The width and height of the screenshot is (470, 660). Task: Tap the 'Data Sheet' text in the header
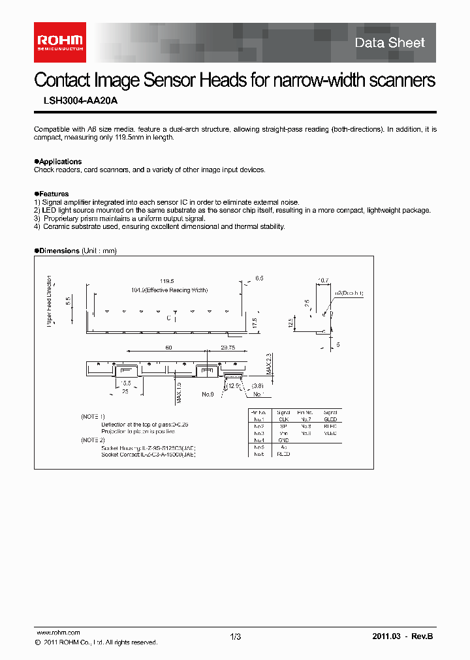pyautogui.click(x=390, y=43)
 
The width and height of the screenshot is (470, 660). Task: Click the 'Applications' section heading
pyautogui.click(x=59, y=162)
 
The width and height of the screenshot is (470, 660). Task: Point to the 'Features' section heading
pyautogui.click(x=52, y=194)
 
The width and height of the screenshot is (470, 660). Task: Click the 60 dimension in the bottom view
pyautogui.click(x=168, y=348)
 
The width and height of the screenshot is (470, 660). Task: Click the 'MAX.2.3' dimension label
pyautogui.click(x=267, y=363)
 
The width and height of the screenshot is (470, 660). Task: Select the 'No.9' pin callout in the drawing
pyautogui.click(x=208, y=395)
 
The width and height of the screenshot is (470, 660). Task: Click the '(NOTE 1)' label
pyautogui.click(x=93, y=416)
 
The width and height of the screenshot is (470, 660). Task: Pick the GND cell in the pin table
pyautogui.click(x=283, y=440)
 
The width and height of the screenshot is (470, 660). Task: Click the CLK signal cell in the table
pyautogui.click(x=283, y=419)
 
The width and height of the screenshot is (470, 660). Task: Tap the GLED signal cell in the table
pyautogui.click(x=330, y=419)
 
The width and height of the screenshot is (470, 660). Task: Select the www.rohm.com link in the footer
pyautogui.click(x=57, y=633)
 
